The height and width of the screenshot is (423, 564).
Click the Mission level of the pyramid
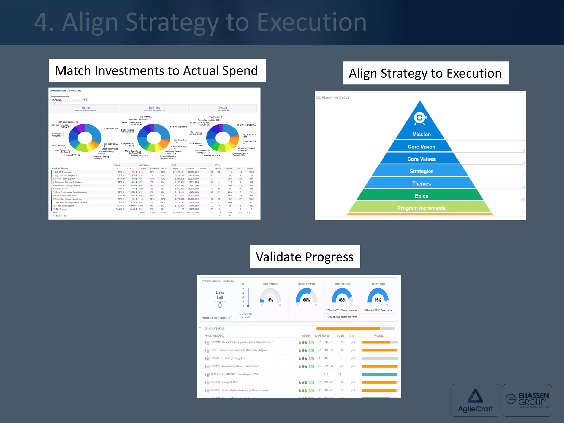tap(421, 134)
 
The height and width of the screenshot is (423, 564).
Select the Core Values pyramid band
tap(421, 159)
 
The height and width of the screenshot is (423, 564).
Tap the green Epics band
tap(421, 196)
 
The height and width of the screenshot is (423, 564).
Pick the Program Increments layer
tap(421, 208)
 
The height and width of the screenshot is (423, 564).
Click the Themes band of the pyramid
tap(421, 183)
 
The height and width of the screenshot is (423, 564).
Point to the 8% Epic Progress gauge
tap(270, 297)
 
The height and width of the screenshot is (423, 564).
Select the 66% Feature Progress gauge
tap(306, 297)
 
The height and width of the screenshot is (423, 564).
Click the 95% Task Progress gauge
tap(378, 297)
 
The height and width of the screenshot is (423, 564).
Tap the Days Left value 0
tap(220, 305)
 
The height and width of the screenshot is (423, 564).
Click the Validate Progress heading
tap(305, 257)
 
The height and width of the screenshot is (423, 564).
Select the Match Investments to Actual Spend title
tap(156, 70)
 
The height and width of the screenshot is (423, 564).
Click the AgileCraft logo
tap(475, 400)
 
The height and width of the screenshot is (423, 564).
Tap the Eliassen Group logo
tap(527, 400)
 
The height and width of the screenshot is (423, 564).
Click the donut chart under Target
tap(85, 138)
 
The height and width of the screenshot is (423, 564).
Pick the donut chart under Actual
tap(223, 138)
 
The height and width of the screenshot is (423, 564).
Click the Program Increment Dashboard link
tap(216, 318)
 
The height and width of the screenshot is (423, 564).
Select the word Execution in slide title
tap(311, 23)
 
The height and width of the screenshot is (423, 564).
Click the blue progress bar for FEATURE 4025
tap(379, 375)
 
